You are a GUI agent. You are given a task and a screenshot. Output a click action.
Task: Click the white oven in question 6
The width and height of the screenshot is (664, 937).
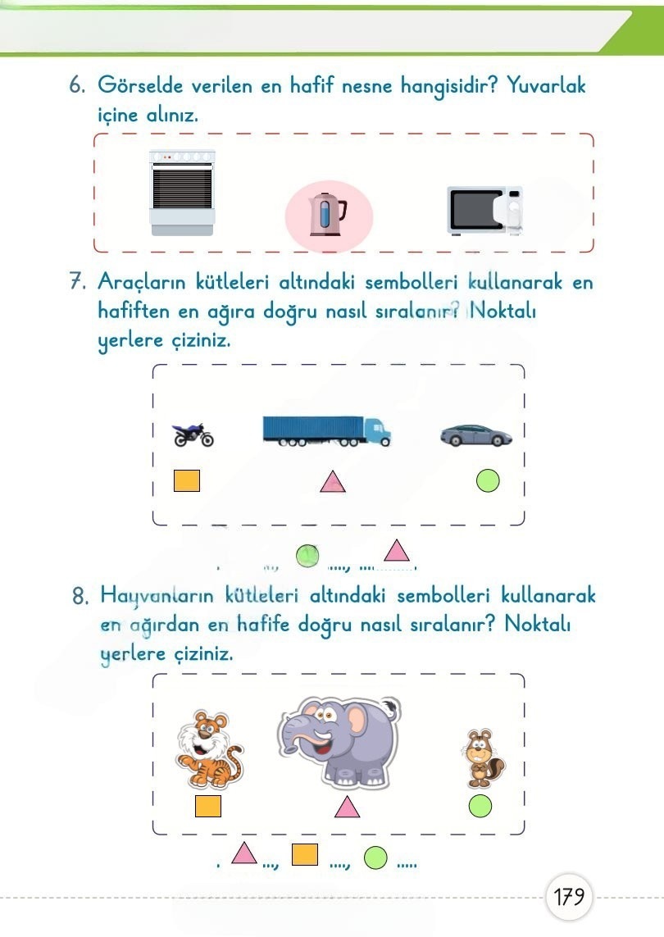(x=182, y=193)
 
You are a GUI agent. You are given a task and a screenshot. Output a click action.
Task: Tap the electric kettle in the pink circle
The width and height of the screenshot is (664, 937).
(x=327, y=216)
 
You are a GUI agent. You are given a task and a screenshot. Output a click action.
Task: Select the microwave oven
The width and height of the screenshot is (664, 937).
(x=484, y=211)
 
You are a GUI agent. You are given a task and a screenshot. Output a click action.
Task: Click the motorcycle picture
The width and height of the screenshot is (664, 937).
(x=193, y=434)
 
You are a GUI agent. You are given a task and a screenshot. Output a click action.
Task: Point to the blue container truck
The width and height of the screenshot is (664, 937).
(x=326, y=430)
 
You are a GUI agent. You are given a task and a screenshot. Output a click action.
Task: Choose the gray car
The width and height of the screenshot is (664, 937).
(x=476, y=434)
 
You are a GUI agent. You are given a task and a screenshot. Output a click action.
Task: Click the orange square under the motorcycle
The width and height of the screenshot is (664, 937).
(x=187, y=480)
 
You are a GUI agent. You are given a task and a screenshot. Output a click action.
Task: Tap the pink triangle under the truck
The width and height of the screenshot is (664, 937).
(x=333, y=483)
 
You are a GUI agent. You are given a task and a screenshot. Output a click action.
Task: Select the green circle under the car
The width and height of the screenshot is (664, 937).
(x=488, y=480)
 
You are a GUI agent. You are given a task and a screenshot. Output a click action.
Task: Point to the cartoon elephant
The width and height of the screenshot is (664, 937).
(x=339, y=740)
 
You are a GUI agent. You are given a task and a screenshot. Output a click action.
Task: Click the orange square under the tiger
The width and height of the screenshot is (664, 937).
(x=208, y=807)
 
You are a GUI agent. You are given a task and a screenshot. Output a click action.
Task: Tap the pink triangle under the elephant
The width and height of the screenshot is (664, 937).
(x=348, y=807)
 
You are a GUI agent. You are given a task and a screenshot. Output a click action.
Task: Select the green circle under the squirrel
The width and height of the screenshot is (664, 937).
(x=480, y=807)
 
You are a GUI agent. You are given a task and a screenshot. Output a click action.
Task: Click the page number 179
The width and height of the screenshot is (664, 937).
(x=568, y=897)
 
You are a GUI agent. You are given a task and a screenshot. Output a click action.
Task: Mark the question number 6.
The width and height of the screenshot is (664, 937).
(x=79, y=85)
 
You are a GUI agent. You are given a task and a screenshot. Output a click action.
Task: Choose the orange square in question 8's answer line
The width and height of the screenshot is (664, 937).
(x=305, y=854)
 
